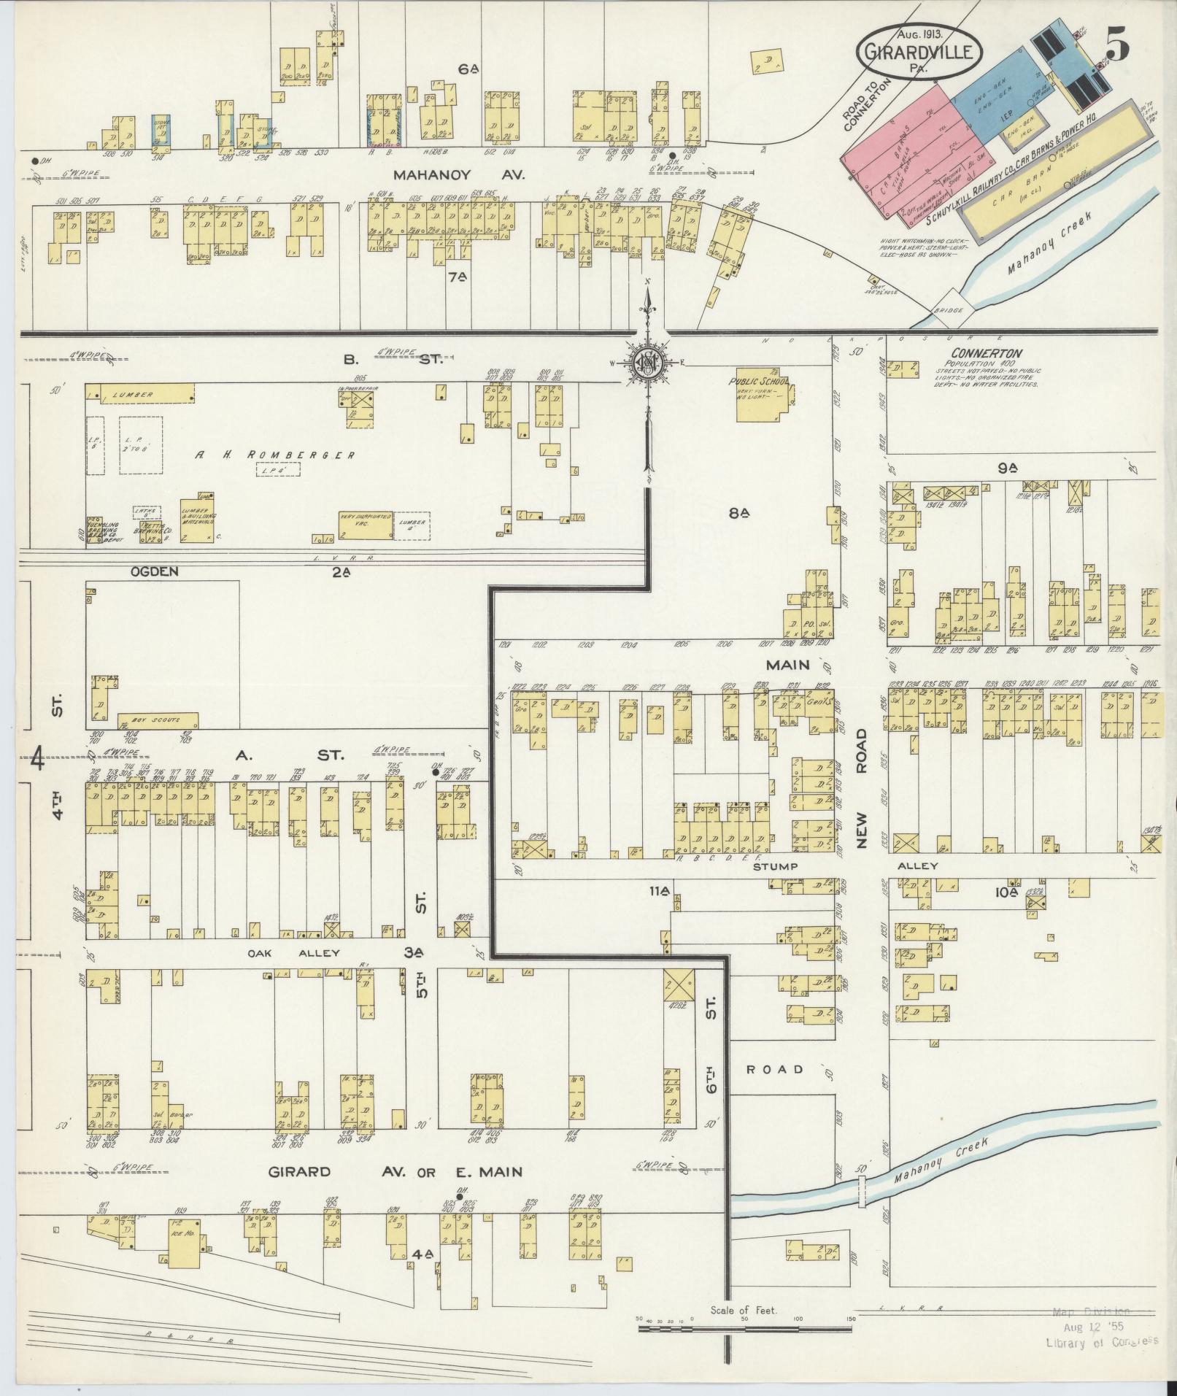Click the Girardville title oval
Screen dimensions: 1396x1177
(x=918, y=51)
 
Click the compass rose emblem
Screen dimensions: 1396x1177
(x=647, y=363)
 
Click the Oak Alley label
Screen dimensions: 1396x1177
(x=290, y=953)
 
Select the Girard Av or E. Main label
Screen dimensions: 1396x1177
(x=396, y=1172)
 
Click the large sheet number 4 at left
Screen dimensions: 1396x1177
(x=39, y=760)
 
